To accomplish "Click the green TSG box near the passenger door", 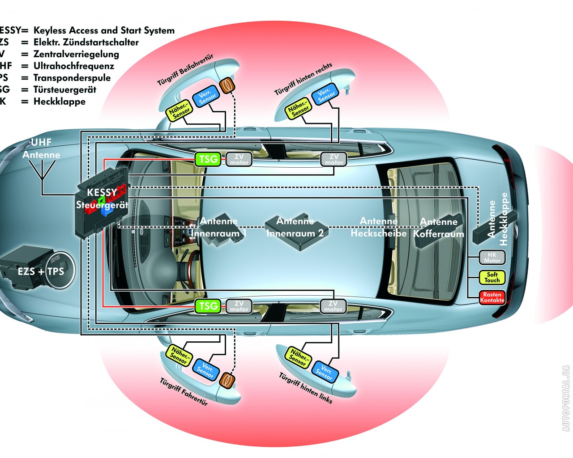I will [x=208, y=159].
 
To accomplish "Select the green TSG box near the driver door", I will [x=208, y=306].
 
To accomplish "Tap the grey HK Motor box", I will [x=492, y=257].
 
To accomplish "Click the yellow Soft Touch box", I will [x=492, y=277].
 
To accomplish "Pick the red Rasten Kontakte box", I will [x=492, y=297].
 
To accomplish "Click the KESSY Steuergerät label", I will [x=102, y=199].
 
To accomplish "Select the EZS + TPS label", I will [x=41, y=271].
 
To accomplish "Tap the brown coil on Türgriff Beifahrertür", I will [x=228, y=85].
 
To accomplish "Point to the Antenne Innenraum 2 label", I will [x=295, y=227].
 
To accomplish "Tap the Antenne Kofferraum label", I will [x=439, y=228].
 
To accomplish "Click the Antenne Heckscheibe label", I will [x=379, y=227].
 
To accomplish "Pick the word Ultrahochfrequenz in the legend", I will [x=74, y=66].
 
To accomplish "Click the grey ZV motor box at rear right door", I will [x=334, y=159].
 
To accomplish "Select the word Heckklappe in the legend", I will [x=60, y=101].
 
